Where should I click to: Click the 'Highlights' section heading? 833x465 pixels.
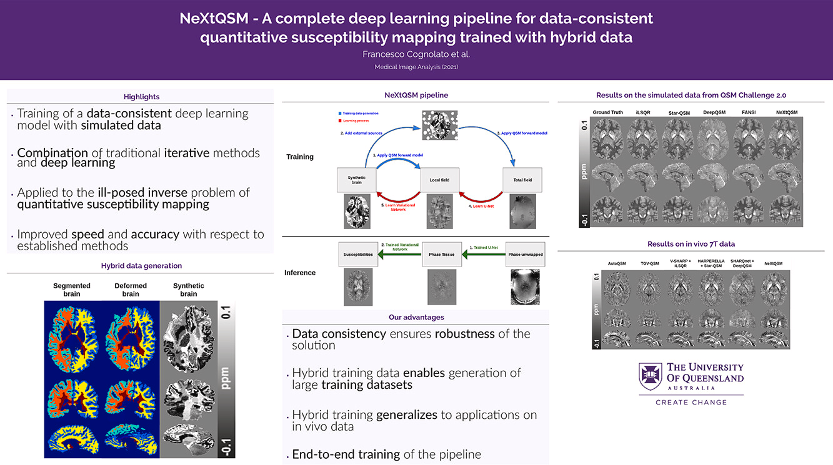point(141,97)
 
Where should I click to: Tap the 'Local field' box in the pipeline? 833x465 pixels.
point(439,180)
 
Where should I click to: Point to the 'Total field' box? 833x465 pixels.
point(522,180)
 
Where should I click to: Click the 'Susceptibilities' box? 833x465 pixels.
point(358,254)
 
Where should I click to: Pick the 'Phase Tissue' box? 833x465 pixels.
point(441,254)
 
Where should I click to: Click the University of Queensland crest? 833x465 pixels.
point(650,376)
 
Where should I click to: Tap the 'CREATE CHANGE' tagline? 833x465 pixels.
point(691,403)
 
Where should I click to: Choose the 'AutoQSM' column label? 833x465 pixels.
point(617,263)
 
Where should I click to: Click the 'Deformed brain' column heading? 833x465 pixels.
point(131,290)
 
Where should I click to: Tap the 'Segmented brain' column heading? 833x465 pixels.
point(72,290)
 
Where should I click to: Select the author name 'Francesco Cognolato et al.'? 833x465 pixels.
point(416,54)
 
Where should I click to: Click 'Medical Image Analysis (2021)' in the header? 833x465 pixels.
point(416,67)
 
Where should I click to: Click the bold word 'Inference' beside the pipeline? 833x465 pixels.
point(300,273)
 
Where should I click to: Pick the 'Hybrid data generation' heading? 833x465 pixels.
point(141,266)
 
